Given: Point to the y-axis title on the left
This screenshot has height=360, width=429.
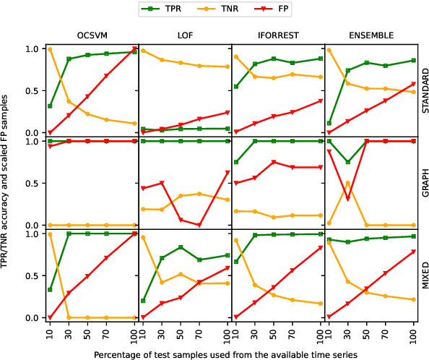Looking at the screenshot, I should pos(6,183).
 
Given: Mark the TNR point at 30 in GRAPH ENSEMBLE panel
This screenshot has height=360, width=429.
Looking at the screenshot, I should pos(348,183).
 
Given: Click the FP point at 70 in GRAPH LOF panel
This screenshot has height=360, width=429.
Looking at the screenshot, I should pos(199,225).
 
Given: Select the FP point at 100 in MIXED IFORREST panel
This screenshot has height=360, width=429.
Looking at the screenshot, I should pos(321,248).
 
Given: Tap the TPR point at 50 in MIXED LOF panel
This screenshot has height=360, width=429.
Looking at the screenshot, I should pos(181,247).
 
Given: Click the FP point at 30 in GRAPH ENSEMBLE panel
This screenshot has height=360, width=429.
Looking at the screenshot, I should pos(348,199).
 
